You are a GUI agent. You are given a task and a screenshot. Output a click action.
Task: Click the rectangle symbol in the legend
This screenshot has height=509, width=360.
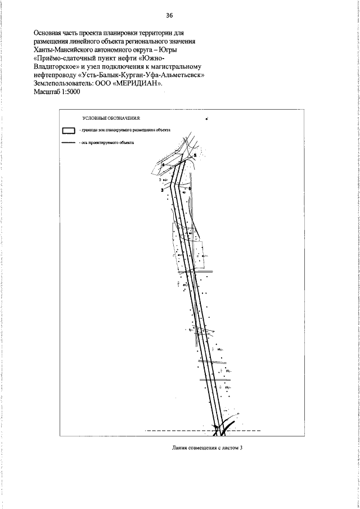(68, 130)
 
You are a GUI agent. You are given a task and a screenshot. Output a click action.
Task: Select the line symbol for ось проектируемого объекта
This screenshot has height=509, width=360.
(68, 143)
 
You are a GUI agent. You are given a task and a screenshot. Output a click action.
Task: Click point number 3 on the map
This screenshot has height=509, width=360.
(161, 191)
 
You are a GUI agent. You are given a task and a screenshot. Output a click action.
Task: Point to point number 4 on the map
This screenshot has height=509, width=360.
(163, 165)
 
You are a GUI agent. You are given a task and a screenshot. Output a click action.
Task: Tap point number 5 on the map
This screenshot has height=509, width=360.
(195, 155)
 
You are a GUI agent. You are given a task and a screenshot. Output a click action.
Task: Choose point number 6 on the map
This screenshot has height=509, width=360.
(190, 188)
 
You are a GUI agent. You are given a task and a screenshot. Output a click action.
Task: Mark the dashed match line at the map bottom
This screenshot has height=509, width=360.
(169, 431)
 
